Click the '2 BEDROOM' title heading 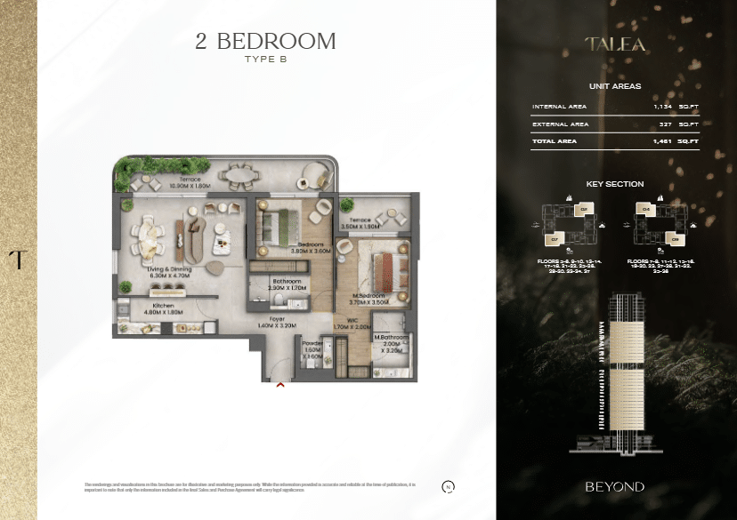tap(265, 41)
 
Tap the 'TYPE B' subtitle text tap(265, 60)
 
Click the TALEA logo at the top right tap(615, 44)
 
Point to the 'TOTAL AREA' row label tap(555, 141)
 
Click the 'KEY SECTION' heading tap(615, 184)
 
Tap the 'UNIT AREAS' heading tap(615, 86)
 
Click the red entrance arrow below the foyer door tap(280, 385)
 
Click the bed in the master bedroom tap(381, 267)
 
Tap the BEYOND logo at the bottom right tap(615, 487)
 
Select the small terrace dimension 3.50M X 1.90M tap(360, 227)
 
